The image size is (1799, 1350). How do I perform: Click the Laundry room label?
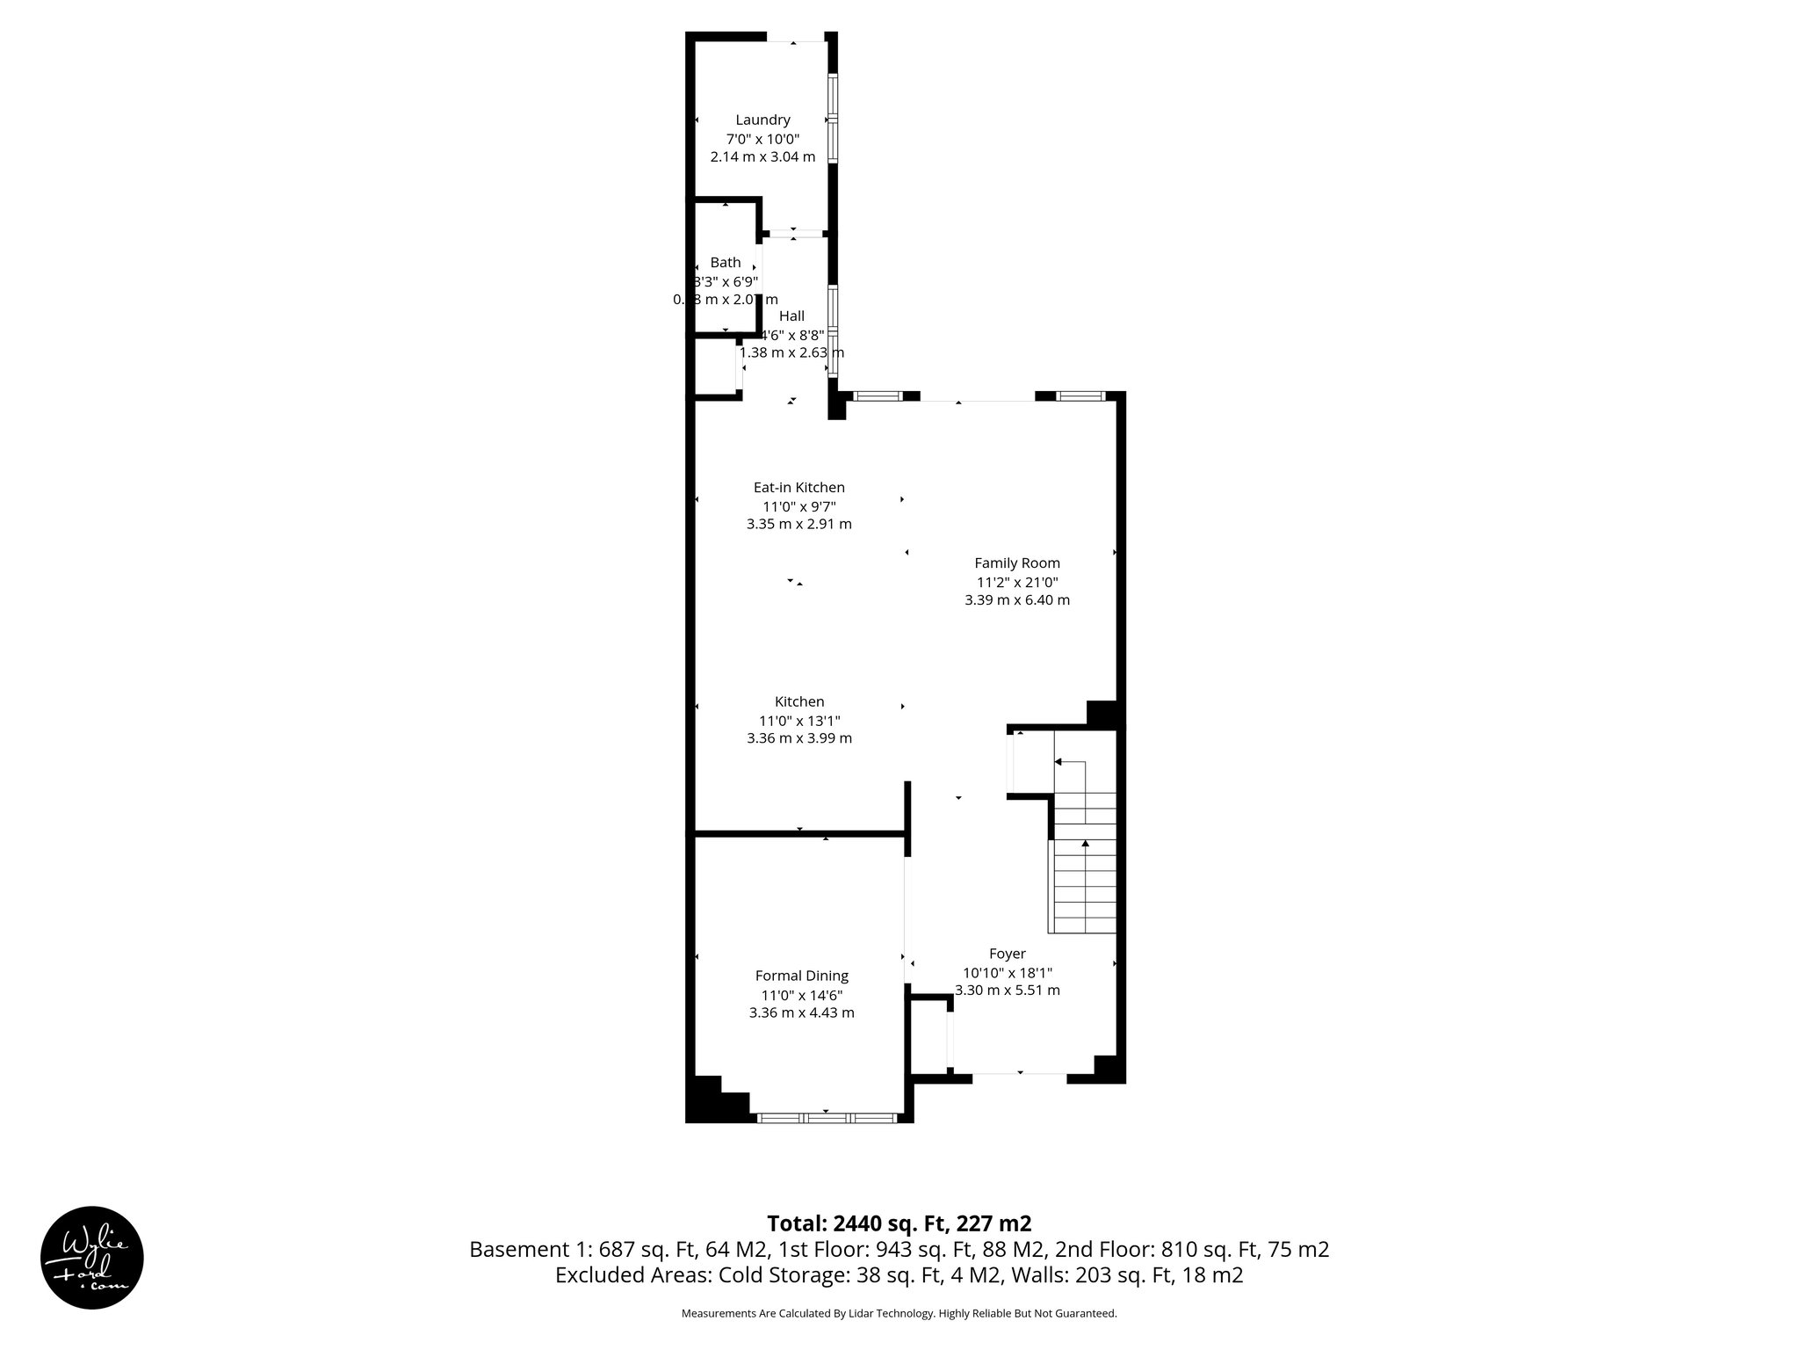tap(762, 120)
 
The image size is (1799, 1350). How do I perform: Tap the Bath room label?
tap(726, 263)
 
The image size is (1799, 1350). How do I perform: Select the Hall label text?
tap(791, 316)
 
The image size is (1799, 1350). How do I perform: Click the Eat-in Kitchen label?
tap(798, 488)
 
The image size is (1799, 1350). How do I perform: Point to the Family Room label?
tap(1016, 563)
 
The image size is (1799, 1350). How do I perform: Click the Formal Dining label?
tap(801, 976)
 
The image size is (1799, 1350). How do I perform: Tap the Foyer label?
tap(1007, 954)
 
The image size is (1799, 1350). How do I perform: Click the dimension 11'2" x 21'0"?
tap(1016, 582)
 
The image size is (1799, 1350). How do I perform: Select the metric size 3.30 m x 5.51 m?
tap(1007, 990)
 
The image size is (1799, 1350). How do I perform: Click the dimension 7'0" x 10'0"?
tap(762, 139)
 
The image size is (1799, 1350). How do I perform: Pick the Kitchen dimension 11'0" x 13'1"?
tap(798, 720)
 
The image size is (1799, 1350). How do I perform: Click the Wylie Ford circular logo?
tap(92, 1258)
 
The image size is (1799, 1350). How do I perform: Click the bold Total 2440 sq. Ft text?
tap(899, 1223)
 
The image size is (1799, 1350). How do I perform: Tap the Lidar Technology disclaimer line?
tap(899, 1313)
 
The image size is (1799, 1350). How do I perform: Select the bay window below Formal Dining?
tap(826, 1118)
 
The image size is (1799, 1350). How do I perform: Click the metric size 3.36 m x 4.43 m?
tap(801, 1012)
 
